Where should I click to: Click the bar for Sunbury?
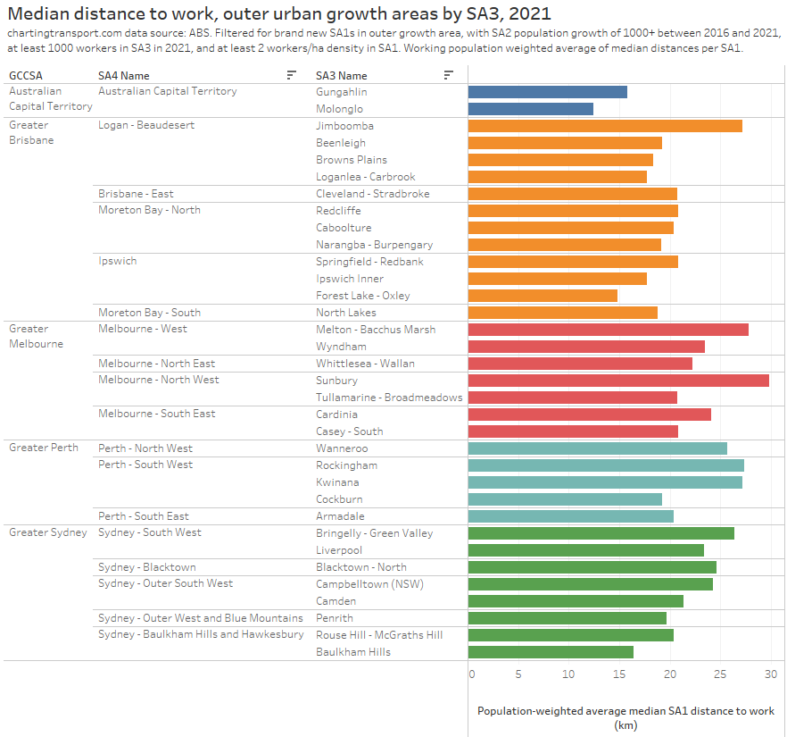tap(617, 381)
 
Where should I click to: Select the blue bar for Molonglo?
tap(530, 109)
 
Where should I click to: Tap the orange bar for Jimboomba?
tap(604, 126)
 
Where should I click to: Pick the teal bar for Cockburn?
tap(565, 499)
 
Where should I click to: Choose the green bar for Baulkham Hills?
tap(551, 652)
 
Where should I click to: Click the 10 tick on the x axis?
tap(568, 674)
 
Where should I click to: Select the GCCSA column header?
tap(26, 76)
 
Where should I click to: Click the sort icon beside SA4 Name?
tap(291, 76)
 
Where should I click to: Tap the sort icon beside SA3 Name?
tap(448, 76)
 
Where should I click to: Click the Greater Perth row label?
tap(44, 448)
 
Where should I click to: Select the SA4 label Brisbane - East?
tap(136, 194)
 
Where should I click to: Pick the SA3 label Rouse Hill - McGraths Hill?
tap(379, 635)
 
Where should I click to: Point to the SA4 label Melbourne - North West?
tap(158, 381)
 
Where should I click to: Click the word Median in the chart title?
tap(42, 13)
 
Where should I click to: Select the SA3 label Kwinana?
tap(338, 482)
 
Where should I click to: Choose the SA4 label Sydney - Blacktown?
tap(147, 567)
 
